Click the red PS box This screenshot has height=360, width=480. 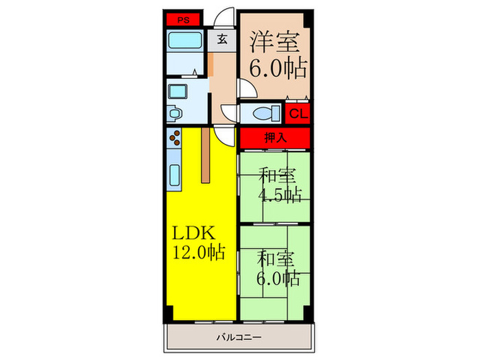182,20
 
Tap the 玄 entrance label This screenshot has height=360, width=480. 223,39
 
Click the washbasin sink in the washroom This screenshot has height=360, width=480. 180,91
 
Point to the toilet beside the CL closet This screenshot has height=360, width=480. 265,113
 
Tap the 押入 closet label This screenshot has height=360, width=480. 274,138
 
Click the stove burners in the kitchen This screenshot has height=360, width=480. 176,139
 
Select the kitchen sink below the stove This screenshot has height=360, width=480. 174,178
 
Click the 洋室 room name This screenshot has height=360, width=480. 273,43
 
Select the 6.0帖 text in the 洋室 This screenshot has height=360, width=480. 274,69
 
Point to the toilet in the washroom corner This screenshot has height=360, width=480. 176,112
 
